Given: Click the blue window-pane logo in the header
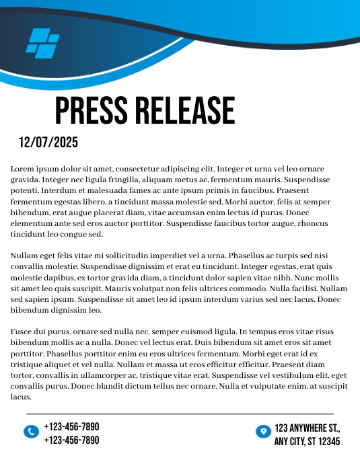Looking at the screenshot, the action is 42,41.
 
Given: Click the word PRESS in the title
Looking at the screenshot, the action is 91,111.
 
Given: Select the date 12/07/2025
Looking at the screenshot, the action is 48,143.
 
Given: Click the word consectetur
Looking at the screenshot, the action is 145,169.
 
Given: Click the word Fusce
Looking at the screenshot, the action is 22,332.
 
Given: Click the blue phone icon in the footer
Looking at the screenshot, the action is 31,432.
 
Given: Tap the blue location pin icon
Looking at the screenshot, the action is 263,431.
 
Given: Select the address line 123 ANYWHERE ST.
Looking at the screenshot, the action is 308,428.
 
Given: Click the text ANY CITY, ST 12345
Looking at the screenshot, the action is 307,442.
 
